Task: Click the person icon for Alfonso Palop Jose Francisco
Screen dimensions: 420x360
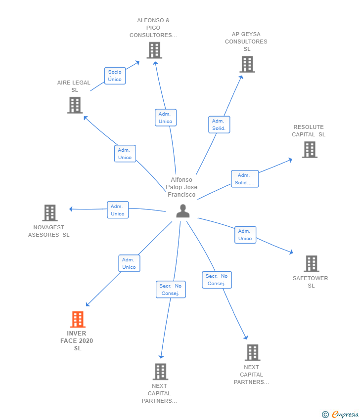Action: (x=183, y=211)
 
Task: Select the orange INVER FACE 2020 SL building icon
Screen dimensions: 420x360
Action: (x=78, y=320)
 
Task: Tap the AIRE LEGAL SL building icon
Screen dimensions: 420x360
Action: (x=75, y=105)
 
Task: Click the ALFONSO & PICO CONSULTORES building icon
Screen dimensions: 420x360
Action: (x=154, y=50)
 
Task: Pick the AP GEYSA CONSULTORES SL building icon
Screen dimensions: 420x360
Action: (x=247, y=65)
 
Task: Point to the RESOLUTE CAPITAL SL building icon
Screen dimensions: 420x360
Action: (x=310, y=150)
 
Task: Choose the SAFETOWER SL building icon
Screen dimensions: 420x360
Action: (x=311, y=264)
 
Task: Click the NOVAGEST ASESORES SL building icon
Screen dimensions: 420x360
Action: (x=50, y=213)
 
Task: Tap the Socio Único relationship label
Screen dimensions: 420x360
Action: (x=115, y=76)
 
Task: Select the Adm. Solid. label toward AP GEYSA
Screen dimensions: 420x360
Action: (x=219, y=125)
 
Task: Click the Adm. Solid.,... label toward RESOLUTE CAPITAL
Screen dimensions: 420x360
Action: (x=244, y=179)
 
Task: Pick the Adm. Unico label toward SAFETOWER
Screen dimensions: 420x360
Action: (x=245, y=235)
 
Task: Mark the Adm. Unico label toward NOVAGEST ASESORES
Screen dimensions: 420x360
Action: (x=118, y=210)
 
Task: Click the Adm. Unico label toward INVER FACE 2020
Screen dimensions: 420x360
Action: (x=129, y=263)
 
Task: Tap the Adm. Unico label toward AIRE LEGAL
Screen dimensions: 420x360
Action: (x=125, y=154)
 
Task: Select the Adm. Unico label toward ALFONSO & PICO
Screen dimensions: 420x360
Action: (x=165, y=118)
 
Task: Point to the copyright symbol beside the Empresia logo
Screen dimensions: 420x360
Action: (x=325, y=415)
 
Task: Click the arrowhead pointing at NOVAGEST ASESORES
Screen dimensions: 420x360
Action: (x=71, y=209)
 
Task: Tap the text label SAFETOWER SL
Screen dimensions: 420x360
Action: (x=311, y=282)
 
